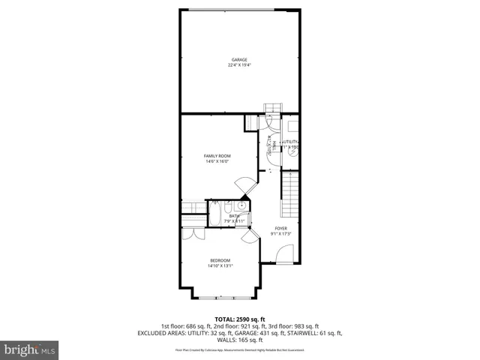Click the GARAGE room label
click(238, 59)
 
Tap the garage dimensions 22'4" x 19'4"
click(238, 65)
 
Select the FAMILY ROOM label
click(217, 155)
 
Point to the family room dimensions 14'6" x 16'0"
click(217, 161)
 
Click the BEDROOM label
click(220, 259)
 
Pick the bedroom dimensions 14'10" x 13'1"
click(220, 265)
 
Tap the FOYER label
click(280, 228)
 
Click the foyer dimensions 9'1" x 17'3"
click(280, 234)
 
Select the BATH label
click(235, 216)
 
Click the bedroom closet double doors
click(193, 233)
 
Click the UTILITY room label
click(290, 142)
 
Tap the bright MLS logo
click(30, 349)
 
